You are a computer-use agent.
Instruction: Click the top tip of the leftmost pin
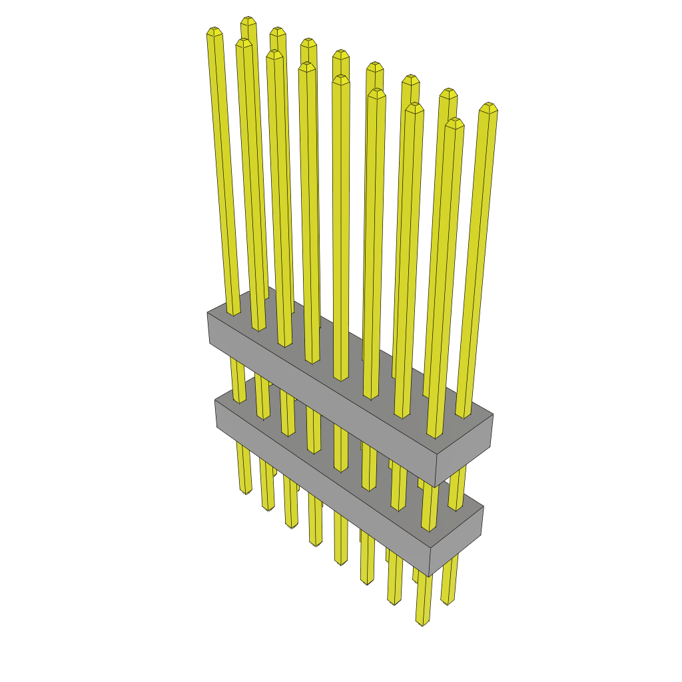pyautogui.click(x=214, y=31)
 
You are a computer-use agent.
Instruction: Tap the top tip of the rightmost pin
pyautogui.click(x=489, y=107)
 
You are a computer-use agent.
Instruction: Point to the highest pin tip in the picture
pyautogui.click(x=248, y=20)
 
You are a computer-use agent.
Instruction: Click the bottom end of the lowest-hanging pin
pyautogui.click(x=422, y=623)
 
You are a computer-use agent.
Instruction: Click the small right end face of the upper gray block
pyautogui.click(x=464, y=450)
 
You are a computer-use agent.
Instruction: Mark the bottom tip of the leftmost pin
pyautogui.click(x=246, y=492)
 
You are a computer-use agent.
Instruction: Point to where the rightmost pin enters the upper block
pyautogui.click(x=463, y=415)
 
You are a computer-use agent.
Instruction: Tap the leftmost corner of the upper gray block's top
pyautogui.click(x=208, y=312)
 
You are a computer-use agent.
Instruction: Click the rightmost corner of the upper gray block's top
pyautogui.click(x=493, y=414)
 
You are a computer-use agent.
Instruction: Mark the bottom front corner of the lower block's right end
pyautogui.click(x=430, y=576)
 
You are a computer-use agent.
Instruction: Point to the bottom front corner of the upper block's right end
pyautogui.click(x=436, y=487)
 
